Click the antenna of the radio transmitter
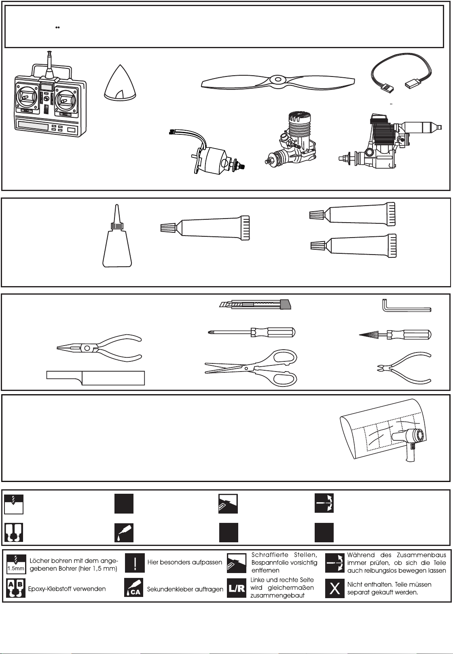click(x=50, y=64)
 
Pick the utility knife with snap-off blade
click(x=255, y=304)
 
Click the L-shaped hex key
click(x=406, y=307)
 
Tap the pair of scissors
click(x=251, y=367)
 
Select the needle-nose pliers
click(x=99, y=348)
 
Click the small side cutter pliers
click(x=404, y=367)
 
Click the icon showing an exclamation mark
click(x=135, y=562)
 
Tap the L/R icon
click(x=237, y=588)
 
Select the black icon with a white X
click(x=334, y=588)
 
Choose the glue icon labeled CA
click(x=134, y=588)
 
